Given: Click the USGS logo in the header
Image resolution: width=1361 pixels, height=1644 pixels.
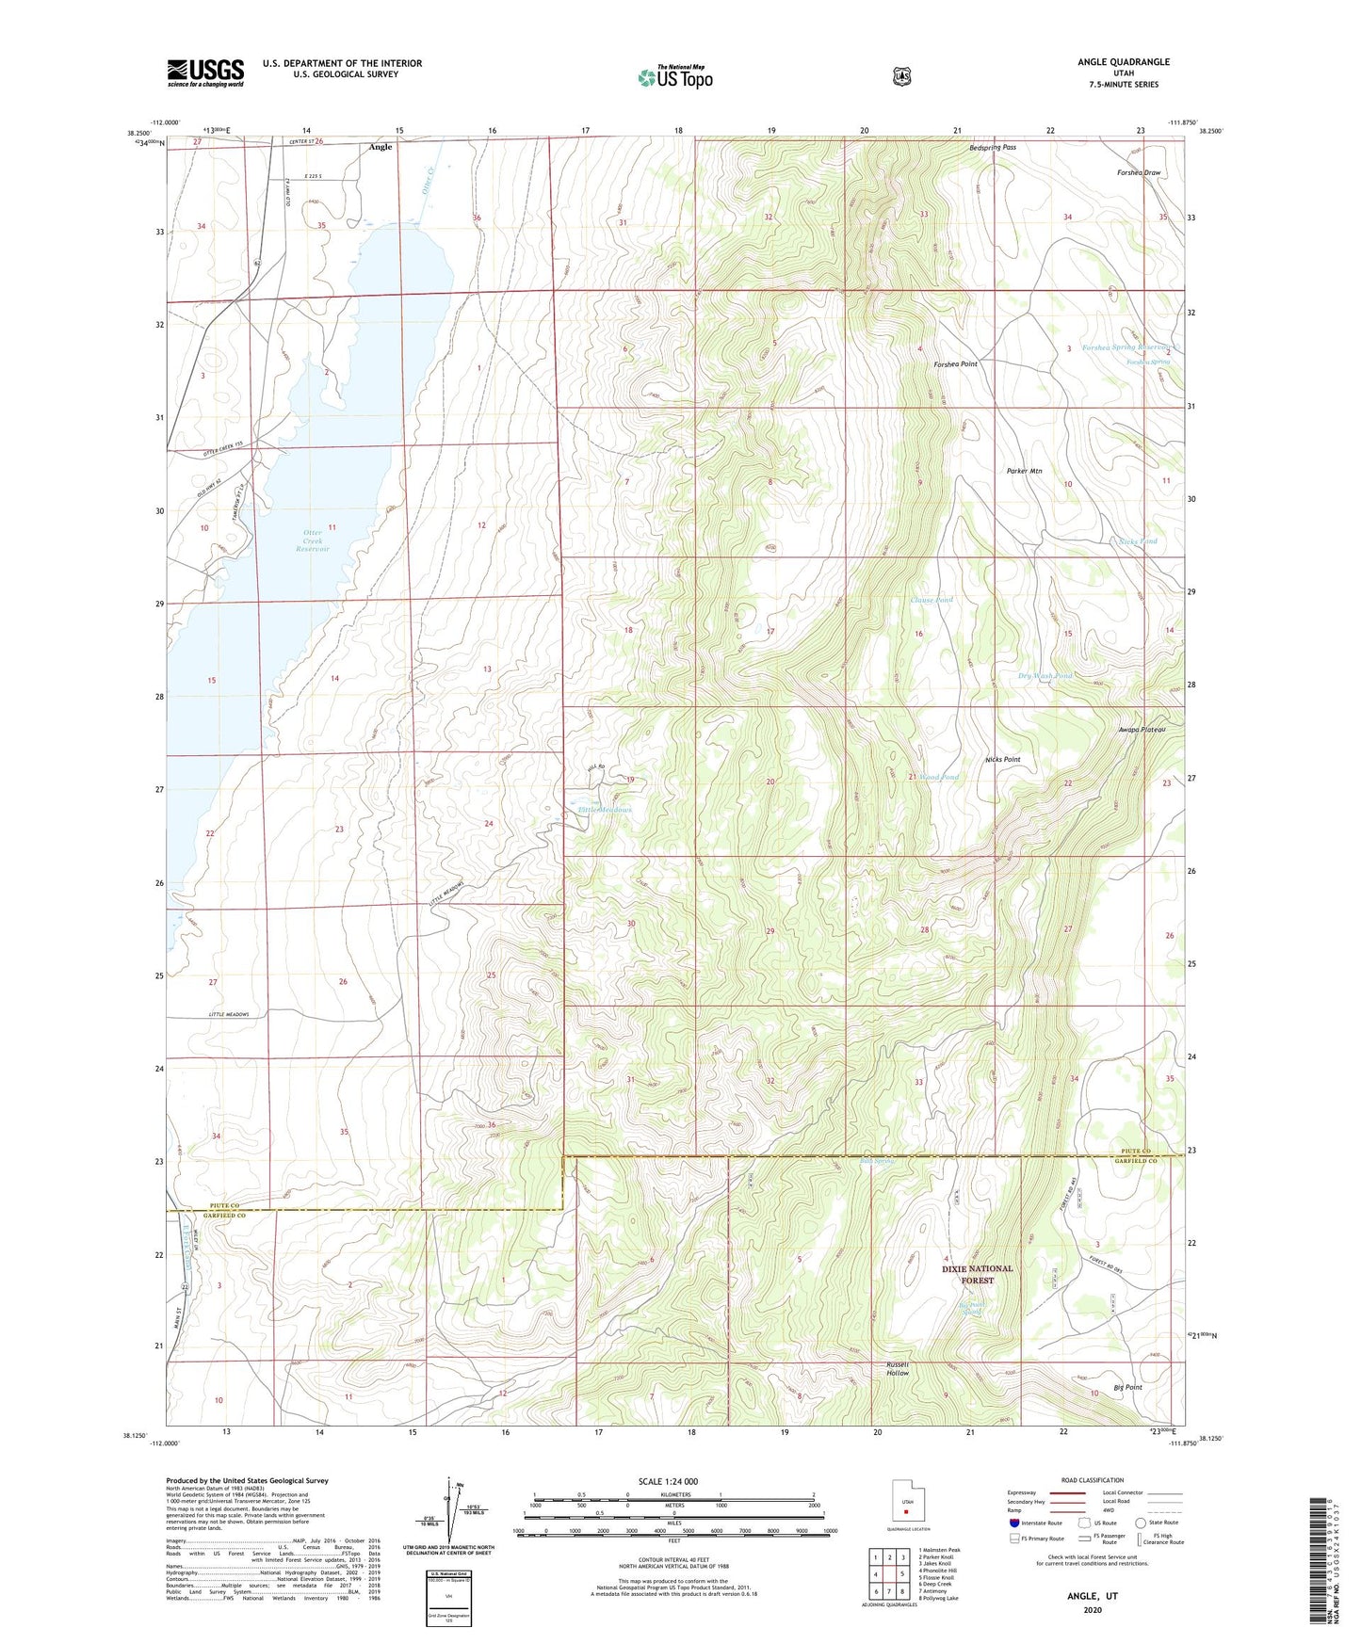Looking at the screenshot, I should [x=205, y=73].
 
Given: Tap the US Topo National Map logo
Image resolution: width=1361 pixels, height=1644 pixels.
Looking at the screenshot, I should [x=674, y=77].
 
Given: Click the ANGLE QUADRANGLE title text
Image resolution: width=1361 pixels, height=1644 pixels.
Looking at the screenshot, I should [x=1124, y=62].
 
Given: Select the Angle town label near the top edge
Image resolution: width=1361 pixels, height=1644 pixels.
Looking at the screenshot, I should [x=381, y=147].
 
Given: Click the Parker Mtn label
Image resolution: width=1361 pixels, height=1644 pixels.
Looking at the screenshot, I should [x=1024, y=471].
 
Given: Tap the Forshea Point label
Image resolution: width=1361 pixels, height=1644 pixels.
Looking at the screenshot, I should [x=955, y=363].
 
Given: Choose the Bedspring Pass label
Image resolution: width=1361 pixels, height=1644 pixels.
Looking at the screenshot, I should [x=993, y=148].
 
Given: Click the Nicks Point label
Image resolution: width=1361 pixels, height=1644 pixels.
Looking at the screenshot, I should [x=1002, y=759].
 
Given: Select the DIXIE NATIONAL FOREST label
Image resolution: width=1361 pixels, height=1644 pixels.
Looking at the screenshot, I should [x=977, y=1274].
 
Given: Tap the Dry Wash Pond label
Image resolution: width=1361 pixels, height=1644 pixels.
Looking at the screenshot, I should [x=1045, y=676].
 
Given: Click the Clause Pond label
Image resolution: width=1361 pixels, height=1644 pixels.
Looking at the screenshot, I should [x=931, y=600].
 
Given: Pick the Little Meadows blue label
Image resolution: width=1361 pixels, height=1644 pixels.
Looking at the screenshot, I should [x=605, y=810].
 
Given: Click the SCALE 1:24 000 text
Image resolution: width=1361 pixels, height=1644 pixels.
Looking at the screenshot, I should [x=667, y=1481].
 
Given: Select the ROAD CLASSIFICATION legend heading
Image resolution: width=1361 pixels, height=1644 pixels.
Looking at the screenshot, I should [x=1092, y=1480].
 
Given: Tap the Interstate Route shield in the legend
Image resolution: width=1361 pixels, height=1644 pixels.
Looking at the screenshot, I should [x=1013, y=1523].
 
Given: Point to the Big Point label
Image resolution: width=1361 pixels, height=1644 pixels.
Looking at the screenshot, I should [x=1126, y=1387].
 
